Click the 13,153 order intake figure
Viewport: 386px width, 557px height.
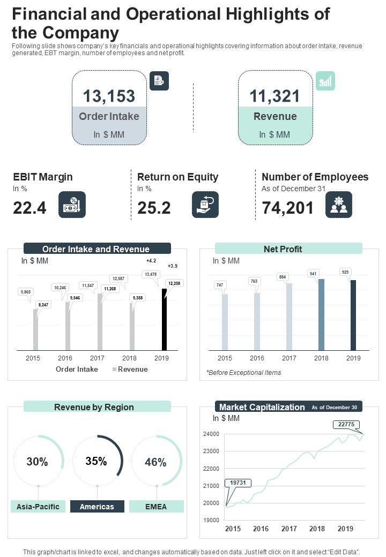click(x=109, y=96)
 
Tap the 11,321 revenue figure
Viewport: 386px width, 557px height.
click(x=274, y=96)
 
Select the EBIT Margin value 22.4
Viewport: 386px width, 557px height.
click(x=29, y=208)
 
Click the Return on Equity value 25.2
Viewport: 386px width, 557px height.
click(x=154, y=208)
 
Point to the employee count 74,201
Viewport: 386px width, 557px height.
click(x=288, y=208)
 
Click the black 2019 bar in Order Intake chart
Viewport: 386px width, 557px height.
click(x=165, y=319)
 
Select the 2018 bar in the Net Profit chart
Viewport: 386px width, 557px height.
click(x=321, y=314)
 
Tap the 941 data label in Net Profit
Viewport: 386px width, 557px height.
click(x=313, y=273)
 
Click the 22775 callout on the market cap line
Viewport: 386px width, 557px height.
click(x=346, y=425)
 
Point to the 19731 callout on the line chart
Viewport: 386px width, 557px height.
click(x=237, y=483)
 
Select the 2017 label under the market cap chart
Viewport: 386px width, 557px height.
click(x=289, y=529)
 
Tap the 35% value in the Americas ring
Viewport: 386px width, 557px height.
click(x=96, y=461)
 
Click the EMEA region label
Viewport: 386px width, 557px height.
click(x=156, y=507)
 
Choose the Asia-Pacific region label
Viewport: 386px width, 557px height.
click(x=38, y=507)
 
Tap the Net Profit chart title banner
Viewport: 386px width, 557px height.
click(x=288, y=249)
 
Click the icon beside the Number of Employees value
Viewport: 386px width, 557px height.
click(x=339, y=205)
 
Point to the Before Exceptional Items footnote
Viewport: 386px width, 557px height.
click(x=243, y=372)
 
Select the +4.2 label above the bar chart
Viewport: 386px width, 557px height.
click(x=151, y=261)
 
